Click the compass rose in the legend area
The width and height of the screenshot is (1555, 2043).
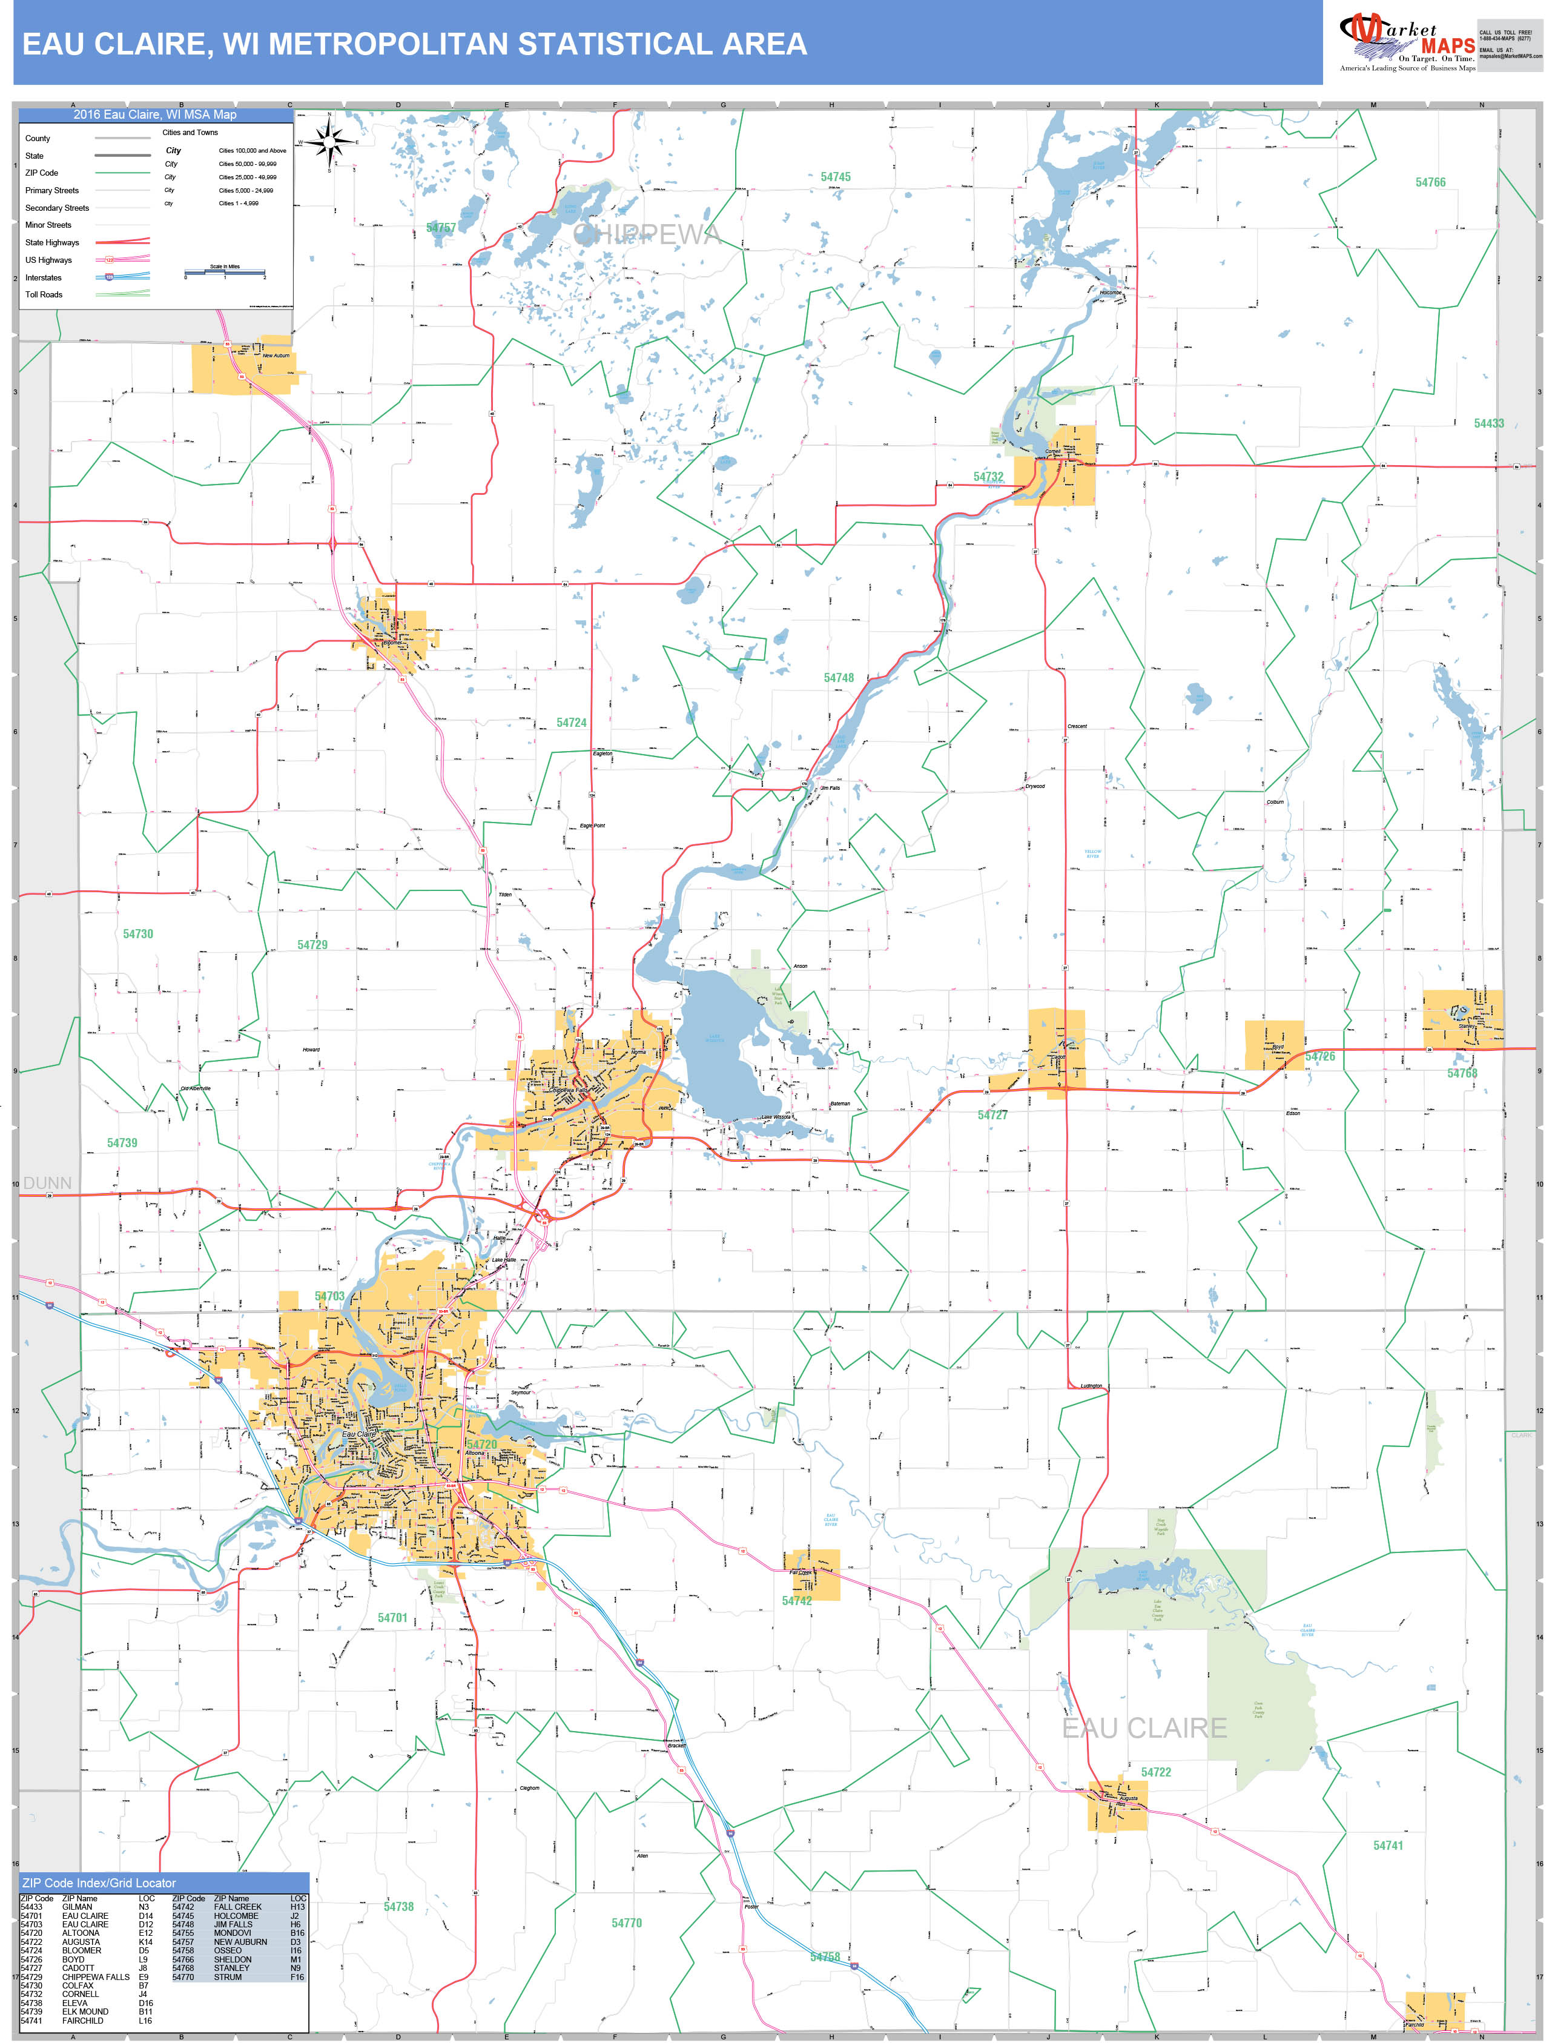pos(331,142)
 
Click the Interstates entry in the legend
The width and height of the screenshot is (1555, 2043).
pos(44,277)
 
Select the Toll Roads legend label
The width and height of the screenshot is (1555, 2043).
pos(44,294)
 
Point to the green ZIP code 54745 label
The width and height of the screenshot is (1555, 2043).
pos(835,177)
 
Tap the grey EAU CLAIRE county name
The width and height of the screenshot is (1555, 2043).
pos(1144,1728)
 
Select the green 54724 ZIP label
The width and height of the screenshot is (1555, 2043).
pos(571,722)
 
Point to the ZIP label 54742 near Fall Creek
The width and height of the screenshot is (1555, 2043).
pos(796,1600)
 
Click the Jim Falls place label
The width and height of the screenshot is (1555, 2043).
pos(830,788)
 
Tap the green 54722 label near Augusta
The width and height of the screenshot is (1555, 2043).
pos(1155,1772)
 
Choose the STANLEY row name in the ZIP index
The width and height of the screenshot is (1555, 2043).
pos(231,1968)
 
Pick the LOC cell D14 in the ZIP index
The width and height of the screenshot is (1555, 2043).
pos(147,1916)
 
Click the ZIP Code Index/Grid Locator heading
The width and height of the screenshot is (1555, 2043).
pos(99,1883)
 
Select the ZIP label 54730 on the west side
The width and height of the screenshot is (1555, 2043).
pos(138,934)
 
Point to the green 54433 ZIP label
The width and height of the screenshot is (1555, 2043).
pos(1488,423)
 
